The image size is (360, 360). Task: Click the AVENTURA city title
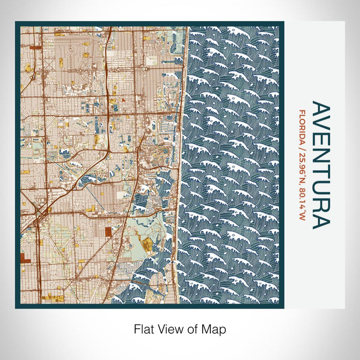[320, 165]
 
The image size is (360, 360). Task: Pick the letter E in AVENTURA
[320, 143]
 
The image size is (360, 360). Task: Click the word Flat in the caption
[145, 328]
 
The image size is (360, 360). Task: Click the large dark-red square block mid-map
[108, 231]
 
